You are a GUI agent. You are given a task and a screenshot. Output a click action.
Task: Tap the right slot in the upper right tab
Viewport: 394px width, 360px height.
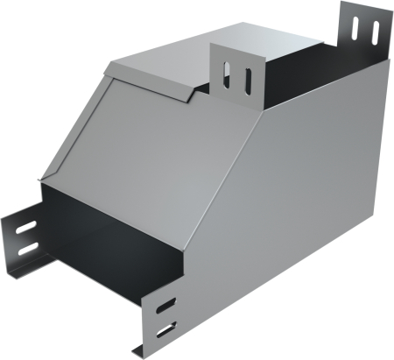374,26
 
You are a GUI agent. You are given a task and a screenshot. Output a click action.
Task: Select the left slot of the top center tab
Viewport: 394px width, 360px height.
229,76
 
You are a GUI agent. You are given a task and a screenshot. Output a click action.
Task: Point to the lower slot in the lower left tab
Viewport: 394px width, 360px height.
28,250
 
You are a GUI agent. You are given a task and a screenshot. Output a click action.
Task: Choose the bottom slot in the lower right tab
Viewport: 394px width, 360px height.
167,330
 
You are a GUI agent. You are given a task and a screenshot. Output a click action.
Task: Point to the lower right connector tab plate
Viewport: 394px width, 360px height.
162,320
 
